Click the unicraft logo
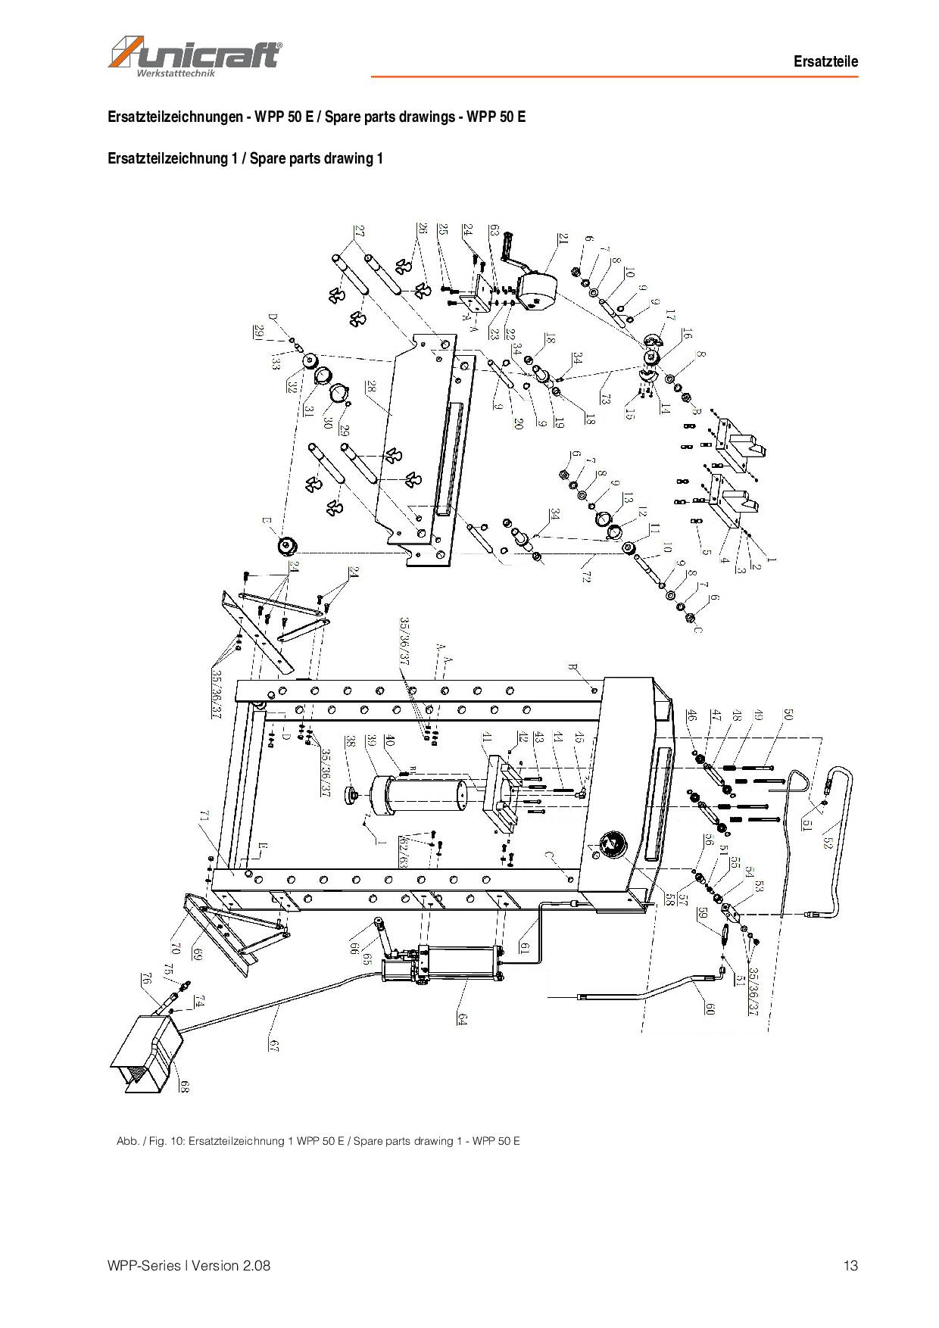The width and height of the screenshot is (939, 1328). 195,57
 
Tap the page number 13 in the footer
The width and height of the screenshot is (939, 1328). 850,1265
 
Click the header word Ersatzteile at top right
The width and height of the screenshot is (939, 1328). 825,62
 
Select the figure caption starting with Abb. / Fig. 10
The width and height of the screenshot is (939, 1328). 318,1141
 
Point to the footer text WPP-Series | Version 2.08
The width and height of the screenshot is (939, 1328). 189,1265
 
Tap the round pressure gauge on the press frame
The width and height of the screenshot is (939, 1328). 610,844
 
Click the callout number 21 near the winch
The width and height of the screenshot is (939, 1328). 563,239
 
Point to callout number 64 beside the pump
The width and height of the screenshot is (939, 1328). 462,1018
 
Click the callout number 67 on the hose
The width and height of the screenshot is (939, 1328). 274,1045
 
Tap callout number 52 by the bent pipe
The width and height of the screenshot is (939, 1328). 827,840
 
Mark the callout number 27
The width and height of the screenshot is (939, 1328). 359,232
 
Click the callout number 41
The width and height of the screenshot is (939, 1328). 487,737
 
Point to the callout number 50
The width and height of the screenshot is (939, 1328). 788,715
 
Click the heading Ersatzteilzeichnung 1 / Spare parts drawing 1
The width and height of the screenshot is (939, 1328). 245,158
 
